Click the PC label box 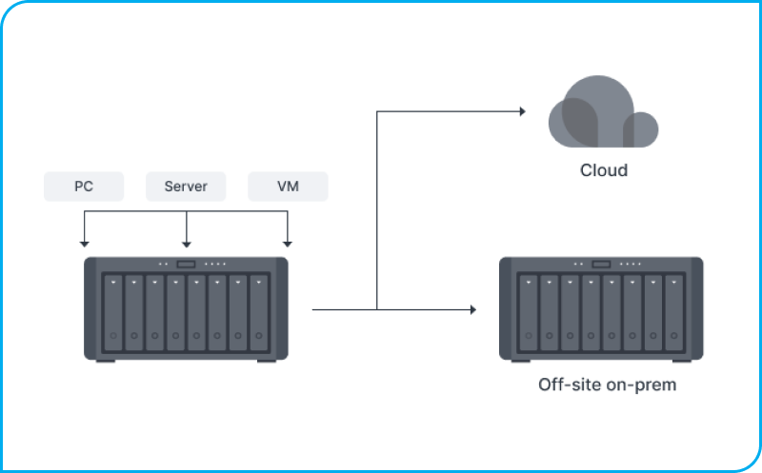(84, 187)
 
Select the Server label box (186, 187)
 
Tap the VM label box (288, 187)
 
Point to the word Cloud (604, 171)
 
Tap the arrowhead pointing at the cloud (522, 111)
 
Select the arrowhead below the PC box (84, 243)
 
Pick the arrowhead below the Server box (186, 243)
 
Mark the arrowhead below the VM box (288, 243)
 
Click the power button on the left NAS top (186, 264)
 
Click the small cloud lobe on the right (640, 129)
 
